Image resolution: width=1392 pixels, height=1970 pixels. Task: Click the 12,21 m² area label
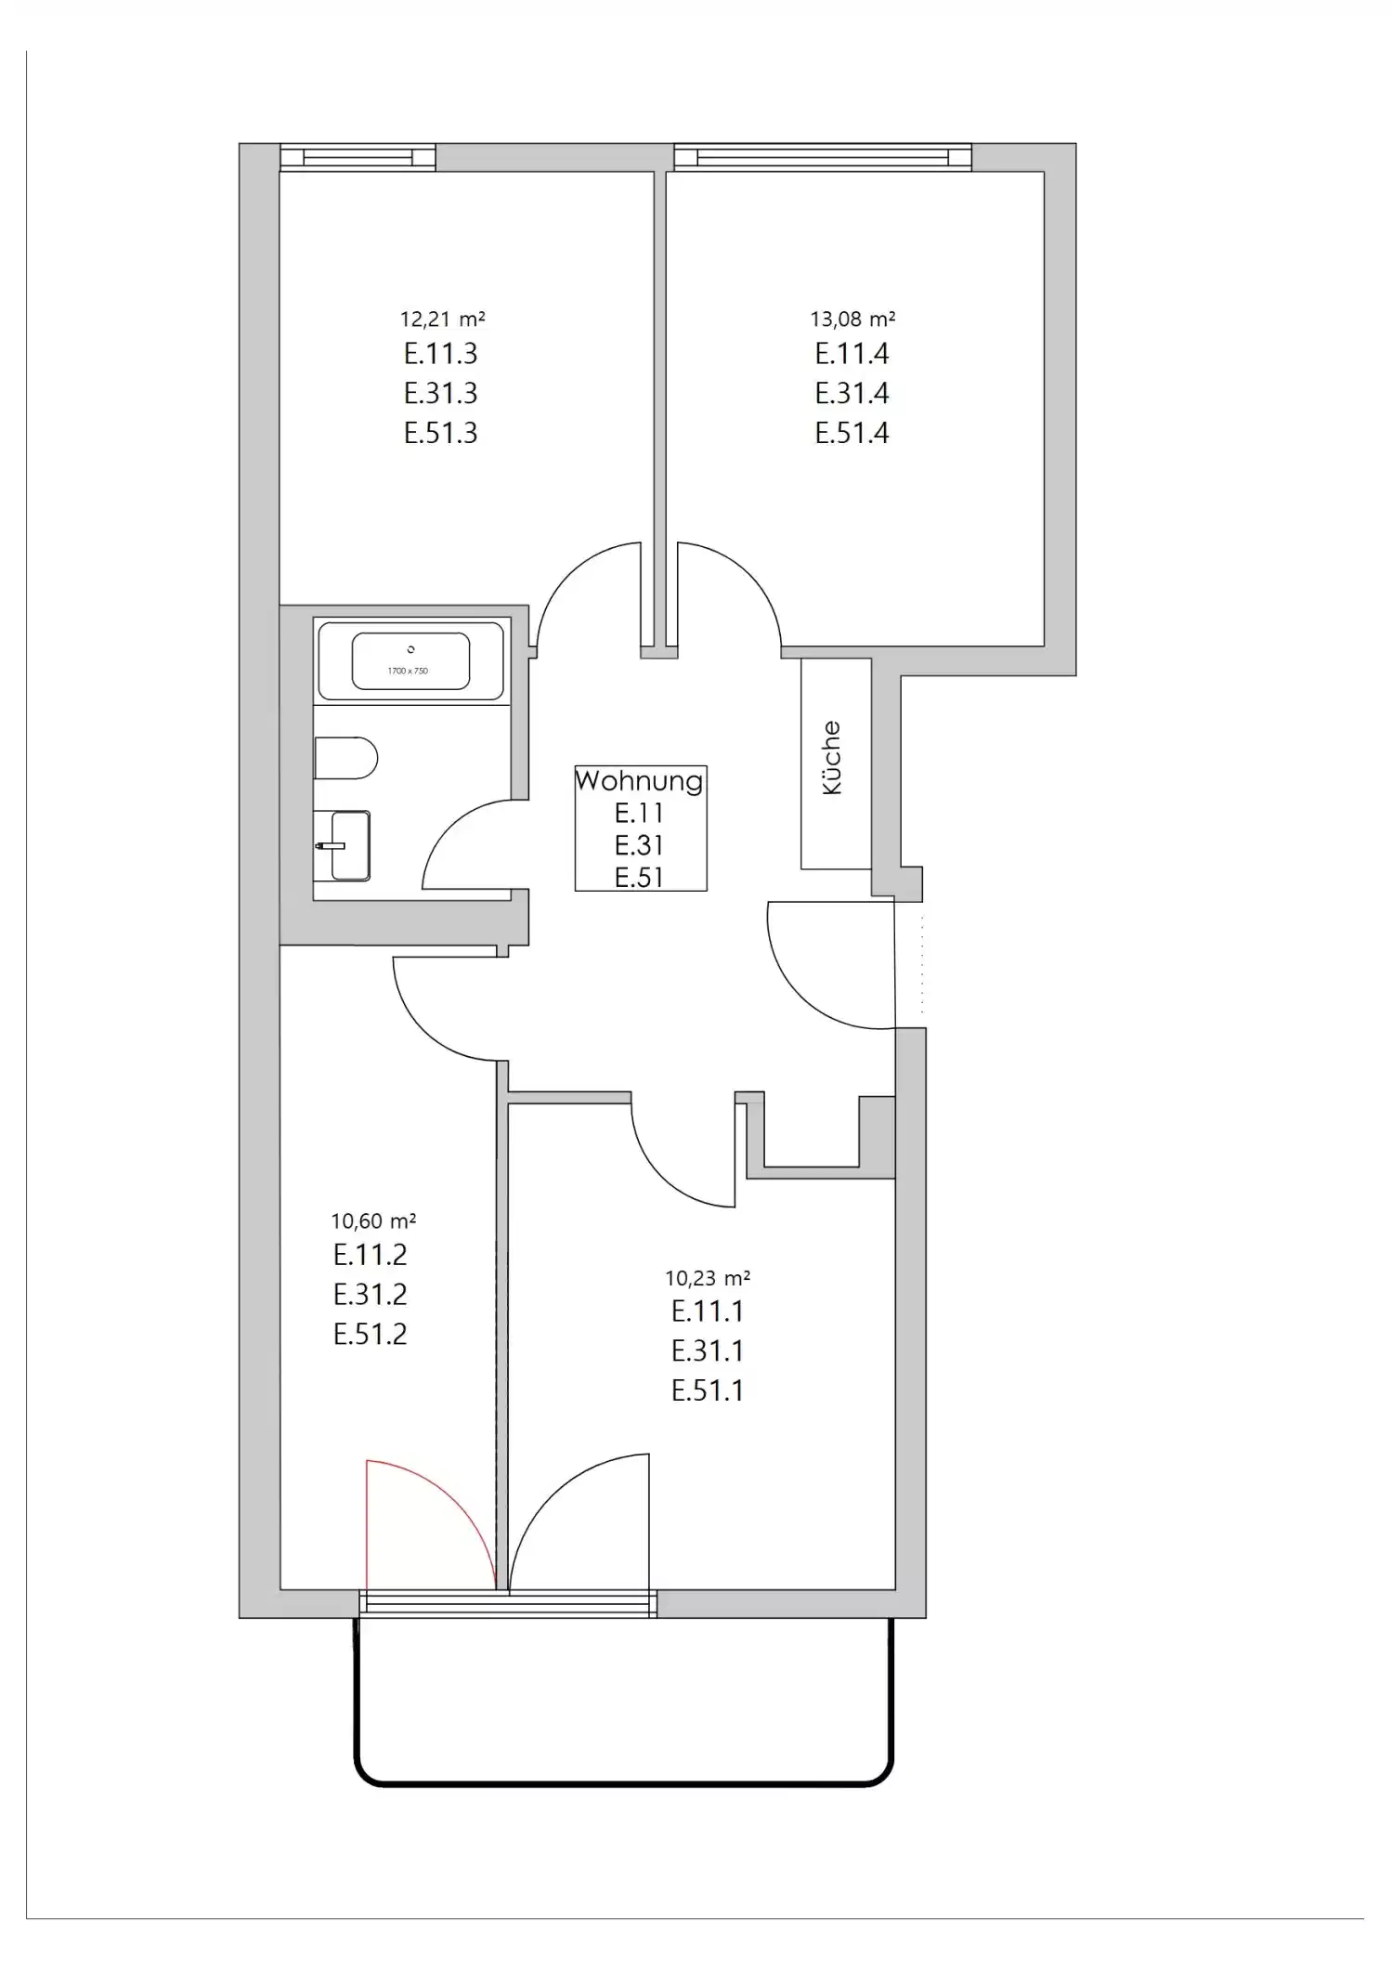[442, 320]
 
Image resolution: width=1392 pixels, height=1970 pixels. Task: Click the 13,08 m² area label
[852, 320]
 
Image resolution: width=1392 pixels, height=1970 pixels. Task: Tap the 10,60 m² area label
[373, 1220]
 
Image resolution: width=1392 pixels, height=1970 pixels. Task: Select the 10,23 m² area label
[708, 1278]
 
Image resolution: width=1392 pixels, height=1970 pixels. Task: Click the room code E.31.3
[440, 393]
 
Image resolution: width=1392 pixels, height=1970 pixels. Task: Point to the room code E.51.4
[852, 433]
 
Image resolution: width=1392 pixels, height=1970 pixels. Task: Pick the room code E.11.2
[370, 1255]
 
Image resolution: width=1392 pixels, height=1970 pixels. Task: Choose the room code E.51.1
[708, 1390]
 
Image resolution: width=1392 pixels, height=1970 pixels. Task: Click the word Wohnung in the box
[639, 780]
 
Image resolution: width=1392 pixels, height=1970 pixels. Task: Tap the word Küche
[832, 758]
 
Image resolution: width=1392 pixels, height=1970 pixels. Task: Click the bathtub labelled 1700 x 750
[410, 660]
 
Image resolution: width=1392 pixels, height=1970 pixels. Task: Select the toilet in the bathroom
[345, 758]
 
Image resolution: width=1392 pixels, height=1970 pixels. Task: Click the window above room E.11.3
[358, 158]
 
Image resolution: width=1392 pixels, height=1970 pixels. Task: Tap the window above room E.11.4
[823, 158]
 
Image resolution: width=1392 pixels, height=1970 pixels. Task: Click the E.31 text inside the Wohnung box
[639, 845]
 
